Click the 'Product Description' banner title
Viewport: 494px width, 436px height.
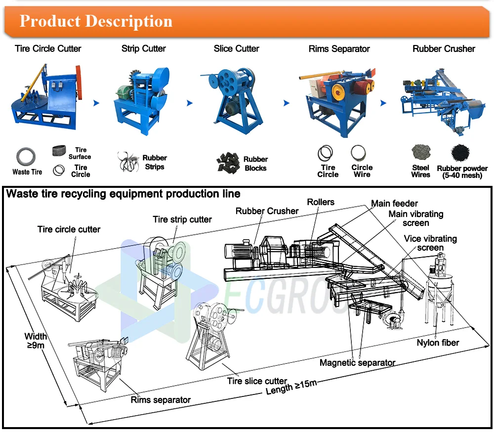click(96, 21)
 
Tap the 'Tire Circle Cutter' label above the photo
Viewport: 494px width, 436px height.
click(48, 48)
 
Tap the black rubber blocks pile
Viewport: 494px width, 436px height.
click(228, 163)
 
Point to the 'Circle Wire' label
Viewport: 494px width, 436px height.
click(362, 171)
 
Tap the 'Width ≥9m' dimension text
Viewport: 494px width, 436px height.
click(35, 341)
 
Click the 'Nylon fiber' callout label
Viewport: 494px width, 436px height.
click(438, 343)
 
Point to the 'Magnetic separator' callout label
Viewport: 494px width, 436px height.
click(357, 362)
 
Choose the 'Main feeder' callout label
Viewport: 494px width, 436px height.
click(394, 203)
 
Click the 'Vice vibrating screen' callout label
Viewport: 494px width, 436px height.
click(430, 243)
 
